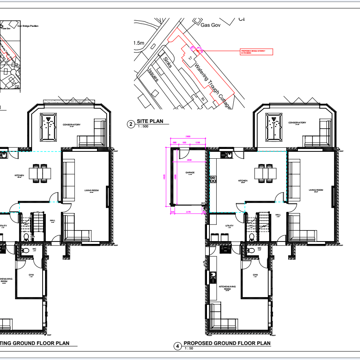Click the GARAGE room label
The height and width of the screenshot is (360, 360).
(x=190, y=172)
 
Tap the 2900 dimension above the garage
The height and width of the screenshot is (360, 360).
(x=188, y=136)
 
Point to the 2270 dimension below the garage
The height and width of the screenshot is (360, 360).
(x=188, y=212)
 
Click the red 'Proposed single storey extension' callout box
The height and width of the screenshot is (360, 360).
(x=257, y=52)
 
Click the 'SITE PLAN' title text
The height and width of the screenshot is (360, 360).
(x=151, y=121)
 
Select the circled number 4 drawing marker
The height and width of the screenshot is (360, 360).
(x=177, y=346)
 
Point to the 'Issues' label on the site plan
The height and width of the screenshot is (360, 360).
(x=153, y=75)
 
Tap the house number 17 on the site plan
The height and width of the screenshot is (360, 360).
(x=190, y=59)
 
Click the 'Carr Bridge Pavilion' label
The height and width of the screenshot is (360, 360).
(x=28, y=26)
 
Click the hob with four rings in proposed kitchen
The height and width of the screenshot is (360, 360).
(x=213, y=179)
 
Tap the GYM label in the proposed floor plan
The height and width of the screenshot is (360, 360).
(x=255, y=275)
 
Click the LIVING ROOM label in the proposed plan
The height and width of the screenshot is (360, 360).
(x=315, y=190)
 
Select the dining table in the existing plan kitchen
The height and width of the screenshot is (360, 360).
(x=40, y=173)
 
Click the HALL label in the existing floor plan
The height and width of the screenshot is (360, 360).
(x=52, y=221)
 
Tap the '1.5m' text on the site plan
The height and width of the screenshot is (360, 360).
(x=139, y=43)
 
